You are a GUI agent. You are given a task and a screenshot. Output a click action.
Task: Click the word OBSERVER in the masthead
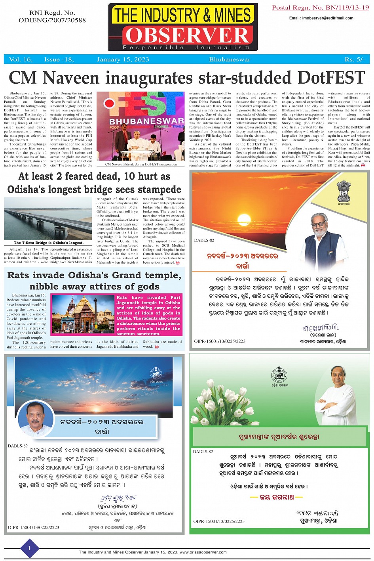(186, 35)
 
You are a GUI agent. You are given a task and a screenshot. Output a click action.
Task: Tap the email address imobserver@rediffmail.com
(321, 18)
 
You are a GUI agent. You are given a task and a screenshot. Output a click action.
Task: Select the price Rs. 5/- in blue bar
(354, 59)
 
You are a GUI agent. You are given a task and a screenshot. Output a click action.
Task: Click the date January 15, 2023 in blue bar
(123, 59)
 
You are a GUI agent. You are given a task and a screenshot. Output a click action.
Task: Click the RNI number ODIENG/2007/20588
(52, 20)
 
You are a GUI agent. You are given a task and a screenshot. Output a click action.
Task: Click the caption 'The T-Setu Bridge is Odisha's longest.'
(48, 243)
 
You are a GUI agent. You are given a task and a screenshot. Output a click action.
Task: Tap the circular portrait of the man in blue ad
(36, 419)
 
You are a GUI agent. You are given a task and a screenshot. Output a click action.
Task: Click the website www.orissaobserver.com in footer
(203, 552)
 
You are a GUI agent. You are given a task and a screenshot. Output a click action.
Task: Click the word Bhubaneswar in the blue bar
(230, 59)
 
